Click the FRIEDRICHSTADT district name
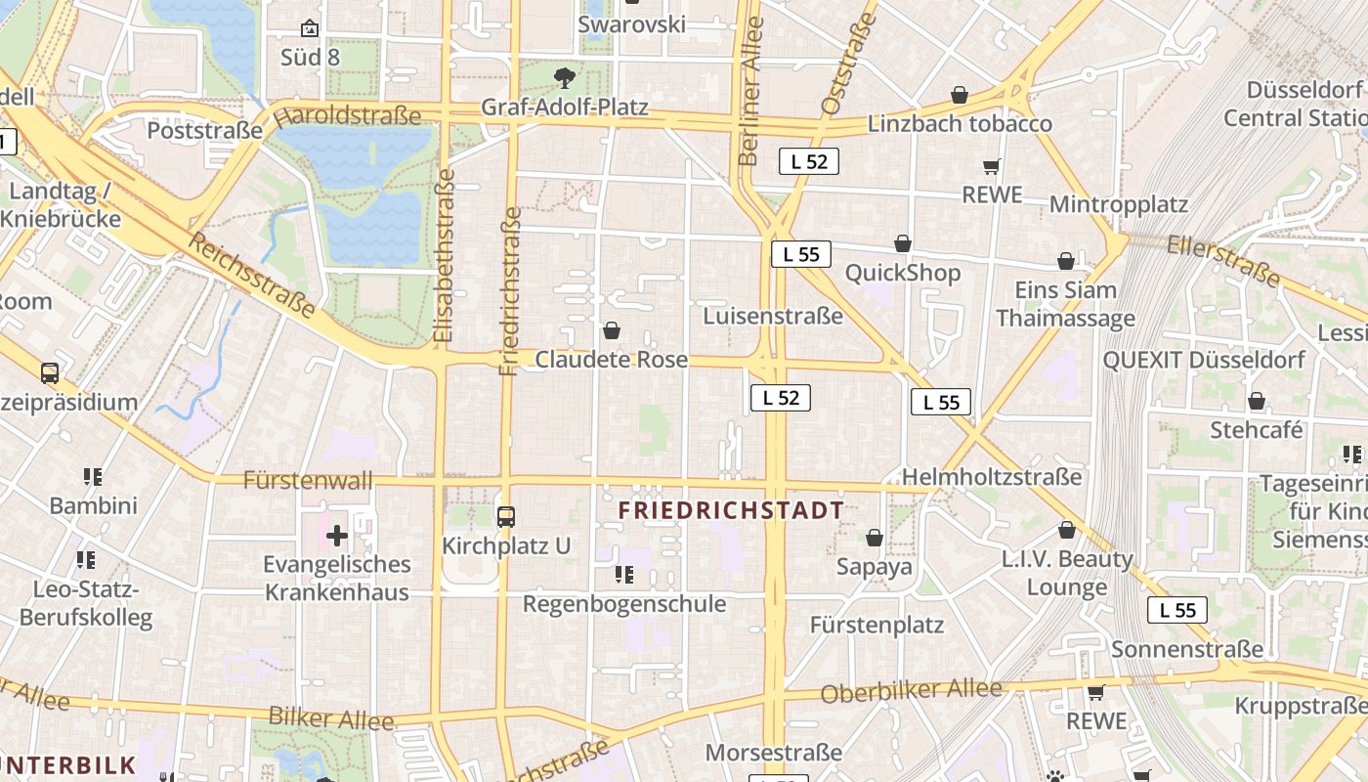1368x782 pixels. [731, 510]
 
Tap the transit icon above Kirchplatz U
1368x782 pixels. [506, 516]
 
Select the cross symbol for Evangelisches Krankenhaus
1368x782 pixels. [337, 536]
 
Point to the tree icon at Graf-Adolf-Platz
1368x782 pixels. [564, 77]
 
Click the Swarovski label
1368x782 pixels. [631, 24]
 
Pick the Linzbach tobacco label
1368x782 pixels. [960, 124]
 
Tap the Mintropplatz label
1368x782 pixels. [1118, 204]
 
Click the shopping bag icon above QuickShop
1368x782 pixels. [903, 243]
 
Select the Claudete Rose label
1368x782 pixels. [611, 360]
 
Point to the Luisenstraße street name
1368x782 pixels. [772, 316]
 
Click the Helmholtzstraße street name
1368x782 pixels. [992, 477]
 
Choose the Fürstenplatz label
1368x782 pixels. [876, 625]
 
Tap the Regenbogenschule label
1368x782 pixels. [624, 604]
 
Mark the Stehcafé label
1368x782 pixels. [1257, 430]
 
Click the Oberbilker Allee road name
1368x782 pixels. [911, 690]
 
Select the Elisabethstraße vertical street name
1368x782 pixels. [445, 256]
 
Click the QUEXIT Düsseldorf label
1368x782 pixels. [1204, 360]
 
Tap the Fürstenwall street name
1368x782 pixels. [308, 480]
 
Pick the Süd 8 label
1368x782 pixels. [310, 58]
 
